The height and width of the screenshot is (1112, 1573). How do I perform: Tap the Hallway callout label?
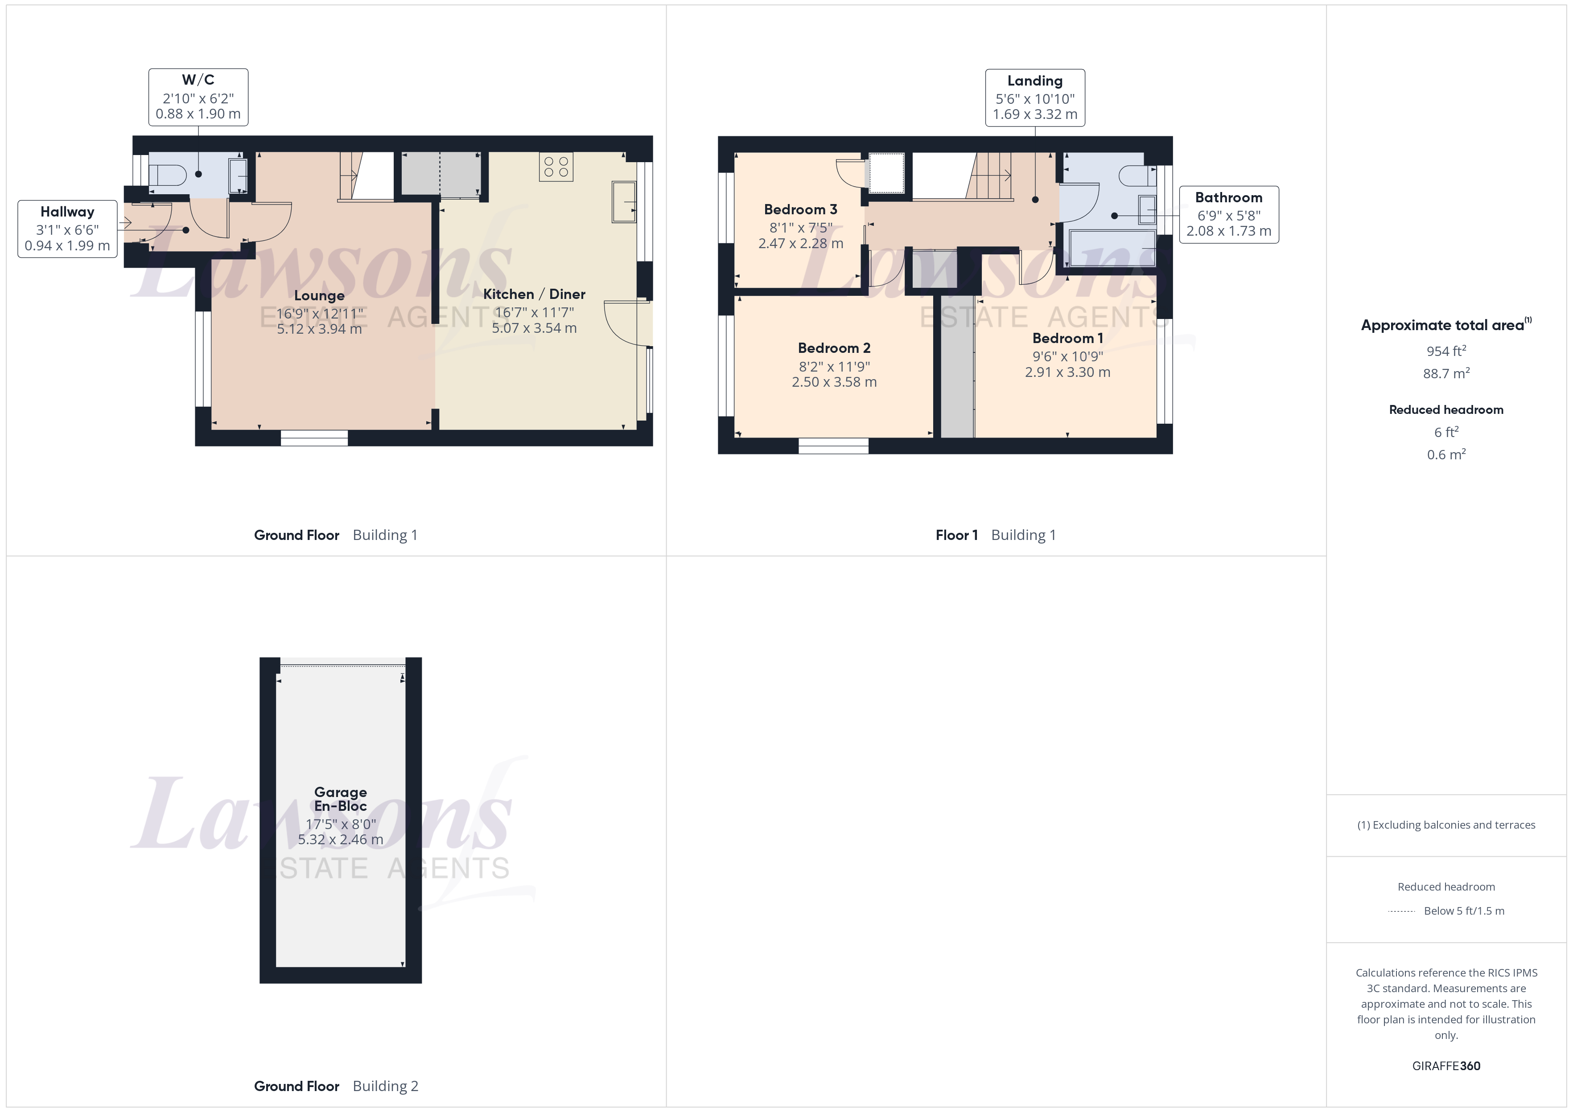tap(67, 212)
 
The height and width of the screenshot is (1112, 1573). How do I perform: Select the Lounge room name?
tap(319, 296)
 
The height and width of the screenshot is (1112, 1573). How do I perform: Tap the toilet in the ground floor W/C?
tap(168, 175)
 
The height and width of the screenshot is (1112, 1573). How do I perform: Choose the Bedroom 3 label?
tap(800, 209)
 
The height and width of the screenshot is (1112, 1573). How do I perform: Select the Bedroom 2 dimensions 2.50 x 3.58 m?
tap(834, 382)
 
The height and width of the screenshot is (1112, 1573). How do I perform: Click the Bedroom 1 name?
tap(1067, 338)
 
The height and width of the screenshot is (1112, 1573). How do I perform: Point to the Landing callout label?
tap(1034, 81)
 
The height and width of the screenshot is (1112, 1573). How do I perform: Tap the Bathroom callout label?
tap(1228, 198)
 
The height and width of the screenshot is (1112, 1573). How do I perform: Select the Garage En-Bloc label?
tap(341, 799)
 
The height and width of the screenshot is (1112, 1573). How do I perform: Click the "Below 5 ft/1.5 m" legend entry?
tap(1464, 911)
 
